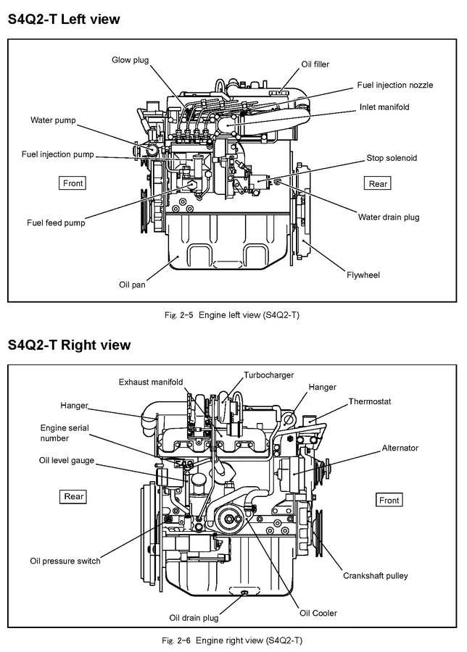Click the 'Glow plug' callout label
tap(130, 59)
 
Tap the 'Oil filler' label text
tap(315, 64)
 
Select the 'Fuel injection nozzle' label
tap(394, 85)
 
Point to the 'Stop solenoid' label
tap(392, 158)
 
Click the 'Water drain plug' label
tap(389, 217)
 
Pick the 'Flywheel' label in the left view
tap(363, 275)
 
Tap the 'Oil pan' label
tap(132, 285)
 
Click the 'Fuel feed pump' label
tap(56, 223)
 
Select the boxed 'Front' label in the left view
tap(73, 183)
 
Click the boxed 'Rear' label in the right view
tap(74, 496)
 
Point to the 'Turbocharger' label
tap(268, 375)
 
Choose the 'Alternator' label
tap(400, 448)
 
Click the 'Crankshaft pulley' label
tap(375, 576)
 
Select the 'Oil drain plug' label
tap(194, 618)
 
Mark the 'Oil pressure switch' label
tap(65, 561)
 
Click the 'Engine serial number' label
tap(65, 433)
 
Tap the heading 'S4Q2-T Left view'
tap(64, 20)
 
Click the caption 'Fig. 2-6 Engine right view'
tap(233, 640)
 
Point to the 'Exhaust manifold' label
tap(151, 382)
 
